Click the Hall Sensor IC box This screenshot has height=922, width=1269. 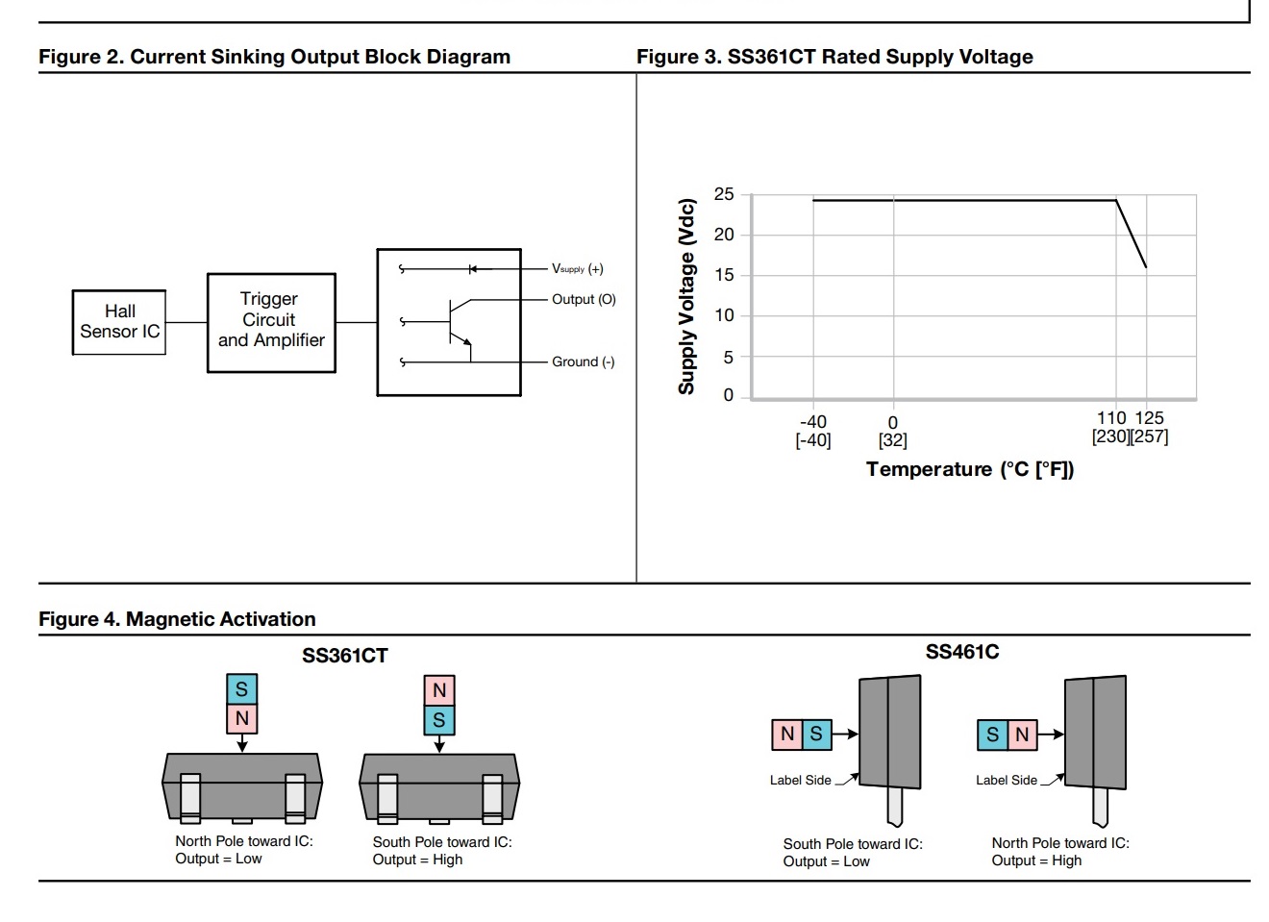(x=119, y=322)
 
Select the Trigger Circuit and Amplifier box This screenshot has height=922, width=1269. (x=271, y=322)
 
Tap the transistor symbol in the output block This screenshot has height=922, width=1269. (x=459, y=322)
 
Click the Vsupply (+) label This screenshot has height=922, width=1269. (x=577, y=269)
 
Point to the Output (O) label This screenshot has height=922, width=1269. (x=584, y=299)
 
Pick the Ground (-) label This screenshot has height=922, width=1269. (x=583, y=361)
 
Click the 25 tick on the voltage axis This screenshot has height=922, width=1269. (x=724, y=194)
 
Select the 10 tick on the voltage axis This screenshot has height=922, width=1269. (x=724, y=315)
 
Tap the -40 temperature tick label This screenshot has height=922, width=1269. (x=813, y=421)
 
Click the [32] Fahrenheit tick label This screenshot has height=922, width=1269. (x=892, y=440)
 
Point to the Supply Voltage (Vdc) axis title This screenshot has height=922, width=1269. (x=686, y=296)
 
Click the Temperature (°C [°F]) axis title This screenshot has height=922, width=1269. (x=970, y=469)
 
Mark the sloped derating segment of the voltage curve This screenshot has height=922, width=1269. (x=1132, y=235)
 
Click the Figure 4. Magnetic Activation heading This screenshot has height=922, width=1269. (x=177, y=619)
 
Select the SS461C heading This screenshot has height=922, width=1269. (x=961, y=652)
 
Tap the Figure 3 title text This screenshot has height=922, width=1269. (x=834, y=57)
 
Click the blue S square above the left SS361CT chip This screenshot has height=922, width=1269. (x=241, y=688)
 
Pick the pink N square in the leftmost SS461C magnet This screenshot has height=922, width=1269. (x=787, y=735)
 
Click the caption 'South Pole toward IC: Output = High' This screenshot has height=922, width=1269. (x=442, y=851)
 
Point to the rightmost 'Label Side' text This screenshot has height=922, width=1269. (x=1007, y=781)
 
